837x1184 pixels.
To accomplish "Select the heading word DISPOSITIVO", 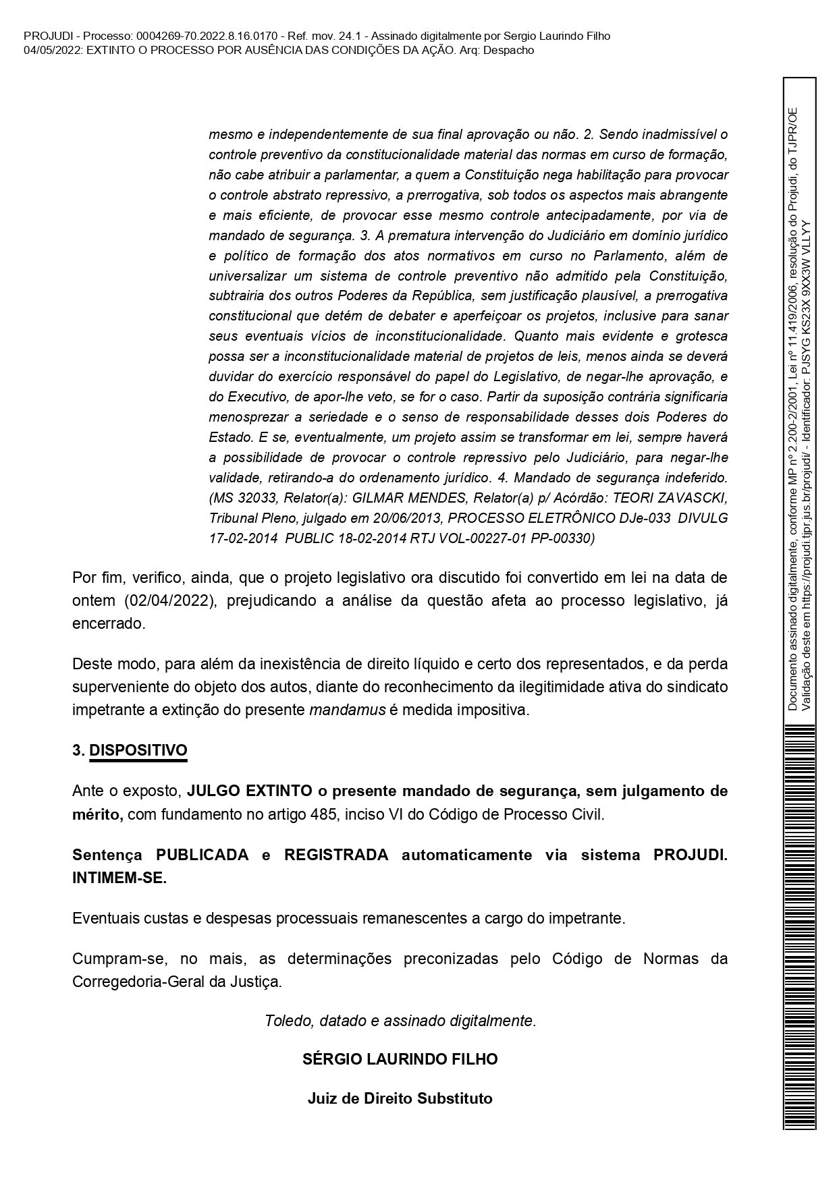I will coord(138,750).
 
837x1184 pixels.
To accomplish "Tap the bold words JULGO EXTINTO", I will coord(249,790).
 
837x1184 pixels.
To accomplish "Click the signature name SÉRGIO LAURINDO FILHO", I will coord(400,1059).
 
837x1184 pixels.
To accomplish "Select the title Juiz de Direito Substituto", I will coord(400,1098).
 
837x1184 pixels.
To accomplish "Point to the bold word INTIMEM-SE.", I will coord(119,878).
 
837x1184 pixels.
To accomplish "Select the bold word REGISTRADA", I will coord(336,854).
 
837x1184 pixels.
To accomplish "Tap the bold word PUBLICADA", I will coord(202,854).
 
